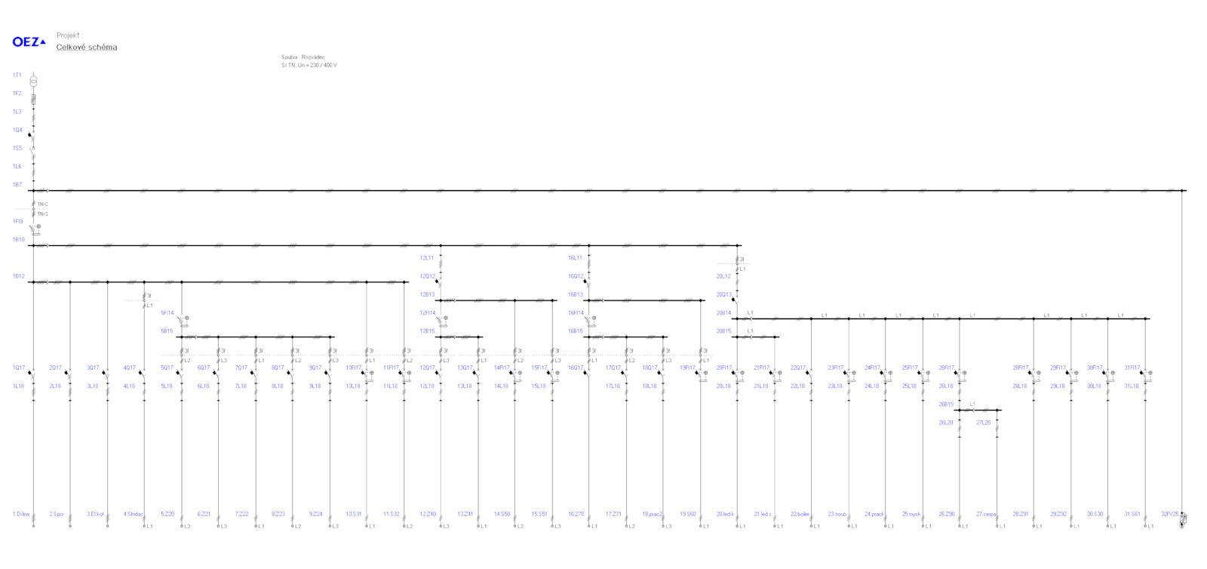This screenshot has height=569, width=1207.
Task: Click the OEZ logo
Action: pyautogui.click(x=29, y=42)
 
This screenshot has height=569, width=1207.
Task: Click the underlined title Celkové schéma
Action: pyautogui.click(x=87, y=48)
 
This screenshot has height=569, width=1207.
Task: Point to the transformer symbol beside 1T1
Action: pyautogui.click(x=33, y=80)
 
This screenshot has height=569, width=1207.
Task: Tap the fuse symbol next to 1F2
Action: pyautogui.click(x=33, y=98)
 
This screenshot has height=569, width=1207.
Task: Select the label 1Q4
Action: pyautogui.click(x=17, y=130)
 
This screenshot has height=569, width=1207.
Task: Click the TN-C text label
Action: pyautogui.click(x=43, y=205)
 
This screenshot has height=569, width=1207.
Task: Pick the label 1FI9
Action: pyautogui.click(x=17, y=222)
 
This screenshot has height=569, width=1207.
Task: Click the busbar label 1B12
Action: pyautogui.click(x=18, y=276)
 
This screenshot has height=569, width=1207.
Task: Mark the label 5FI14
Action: pyautogui.click(x=167, y=313)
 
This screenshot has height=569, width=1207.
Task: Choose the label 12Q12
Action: pyautogui.click(x=428, y=276)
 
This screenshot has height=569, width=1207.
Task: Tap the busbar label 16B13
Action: pyautogui.click(x=576, y=295)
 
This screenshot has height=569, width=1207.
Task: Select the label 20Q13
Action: pyautogui.click(x=723, y=295)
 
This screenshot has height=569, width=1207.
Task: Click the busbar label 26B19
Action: pyautogui.click(x=946, y=404)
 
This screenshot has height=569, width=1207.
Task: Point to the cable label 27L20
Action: pyautogui.click(x=983, y=423)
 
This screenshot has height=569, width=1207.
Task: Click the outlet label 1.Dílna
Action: pyautogui.click(x=20, y=514)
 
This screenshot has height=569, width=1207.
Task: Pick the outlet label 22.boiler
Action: pyautogui.click(x=800, y=514)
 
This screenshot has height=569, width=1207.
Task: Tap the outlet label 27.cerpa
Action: pyautogui.click(x=985, y=514)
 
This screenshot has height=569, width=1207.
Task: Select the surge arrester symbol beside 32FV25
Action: pyautogui.click(x=1183, y=518)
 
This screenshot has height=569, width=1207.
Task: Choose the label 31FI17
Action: pyautogui.click(x=1132, y=368)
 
